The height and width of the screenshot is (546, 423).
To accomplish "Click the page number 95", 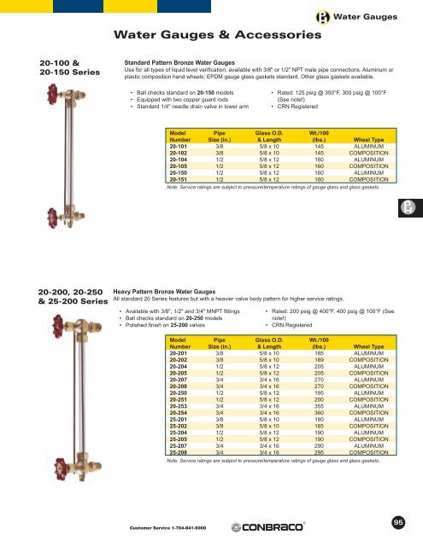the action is click(398, 521).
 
